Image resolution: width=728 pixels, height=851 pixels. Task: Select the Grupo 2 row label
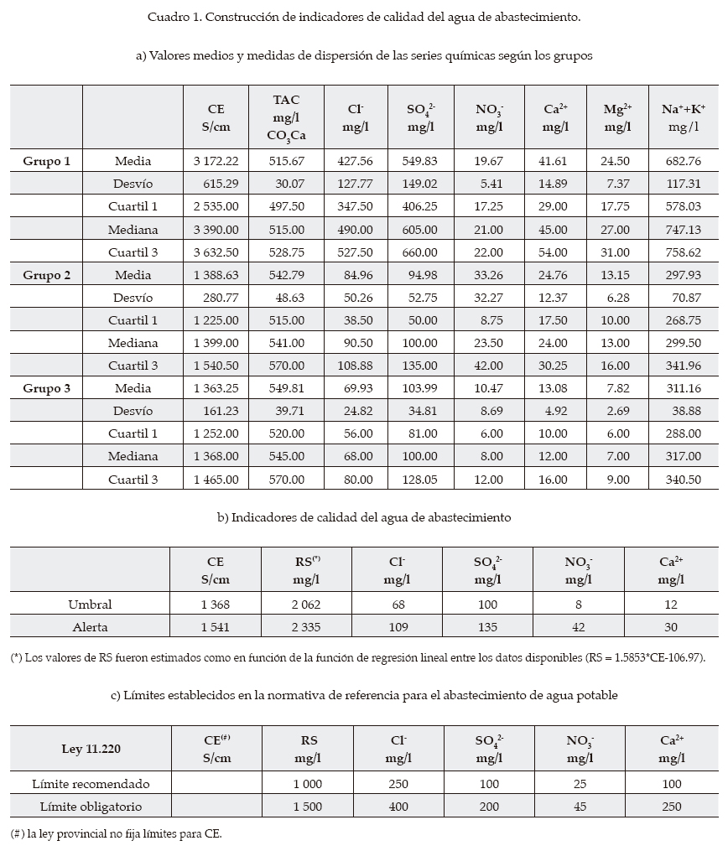point(47,275)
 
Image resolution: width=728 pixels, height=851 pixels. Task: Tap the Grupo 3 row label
point(47,388)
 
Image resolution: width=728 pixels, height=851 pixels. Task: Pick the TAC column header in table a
point(286,117)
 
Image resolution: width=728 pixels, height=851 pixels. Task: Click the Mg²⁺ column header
point(617,117)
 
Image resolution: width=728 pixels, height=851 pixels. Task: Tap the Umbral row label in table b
point(90,604)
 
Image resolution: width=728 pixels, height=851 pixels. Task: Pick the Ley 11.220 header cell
point(90,748)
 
